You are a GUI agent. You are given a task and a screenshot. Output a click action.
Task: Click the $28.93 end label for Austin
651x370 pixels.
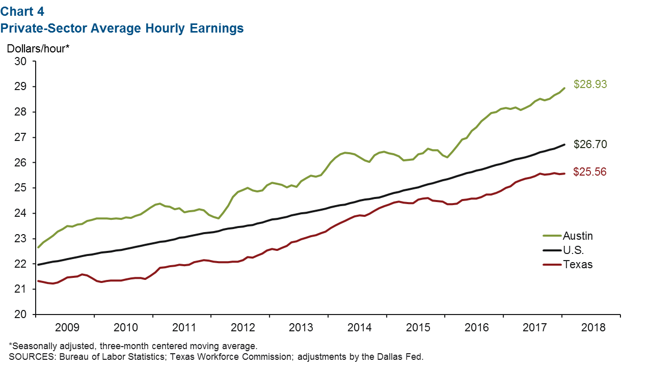click(590, 84)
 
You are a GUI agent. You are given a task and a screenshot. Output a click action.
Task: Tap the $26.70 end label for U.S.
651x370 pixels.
click(590, 145)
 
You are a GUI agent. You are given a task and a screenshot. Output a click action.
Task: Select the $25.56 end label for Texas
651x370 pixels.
click(590, 172)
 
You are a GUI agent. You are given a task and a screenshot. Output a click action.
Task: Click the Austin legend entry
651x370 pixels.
click(578, 236)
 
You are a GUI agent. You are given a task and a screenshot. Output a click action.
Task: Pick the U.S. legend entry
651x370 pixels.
click(573, 250)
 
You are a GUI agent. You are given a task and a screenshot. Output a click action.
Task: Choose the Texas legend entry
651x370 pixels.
click(577, 264)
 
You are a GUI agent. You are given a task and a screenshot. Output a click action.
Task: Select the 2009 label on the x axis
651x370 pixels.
click(67, 327)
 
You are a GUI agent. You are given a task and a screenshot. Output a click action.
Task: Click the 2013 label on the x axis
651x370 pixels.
click(301, 327)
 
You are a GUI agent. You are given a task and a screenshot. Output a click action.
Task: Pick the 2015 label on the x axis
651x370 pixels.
click(417, 327)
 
